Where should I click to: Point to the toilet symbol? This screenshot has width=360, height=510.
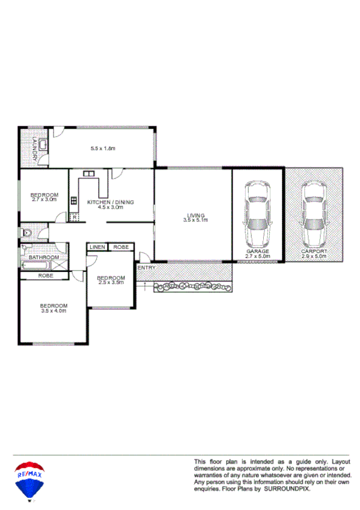(x=26, y=232)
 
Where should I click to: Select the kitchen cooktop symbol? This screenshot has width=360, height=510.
(x=73, y=203)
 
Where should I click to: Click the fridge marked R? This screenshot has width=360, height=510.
(x=74, y=217)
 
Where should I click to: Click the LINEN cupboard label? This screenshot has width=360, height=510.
(x=97, y=247)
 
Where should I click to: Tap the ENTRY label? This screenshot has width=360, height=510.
(x=146, y=268)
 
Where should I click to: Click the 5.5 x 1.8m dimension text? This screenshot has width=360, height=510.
(x=103, y=149)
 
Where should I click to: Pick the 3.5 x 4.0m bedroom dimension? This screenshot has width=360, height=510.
(x=53, y=310)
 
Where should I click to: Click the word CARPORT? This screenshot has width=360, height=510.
(x=314, y=251)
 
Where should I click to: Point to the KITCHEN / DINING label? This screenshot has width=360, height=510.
(x=110, y=202)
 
